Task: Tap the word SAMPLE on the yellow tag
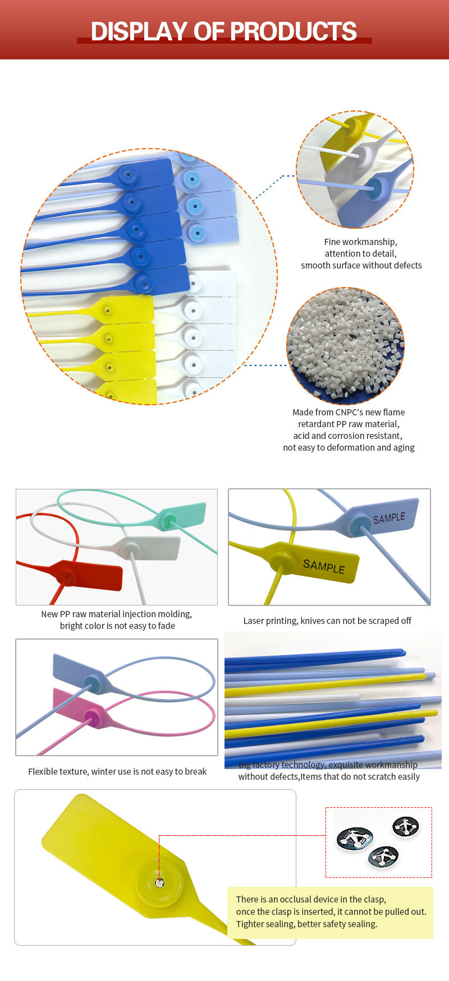[324, 566]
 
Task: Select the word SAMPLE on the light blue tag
[389, 518]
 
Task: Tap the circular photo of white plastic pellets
[345, 345]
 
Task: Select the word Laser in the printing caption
[254, 621]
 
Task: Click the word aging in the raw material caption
[404, 447]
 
